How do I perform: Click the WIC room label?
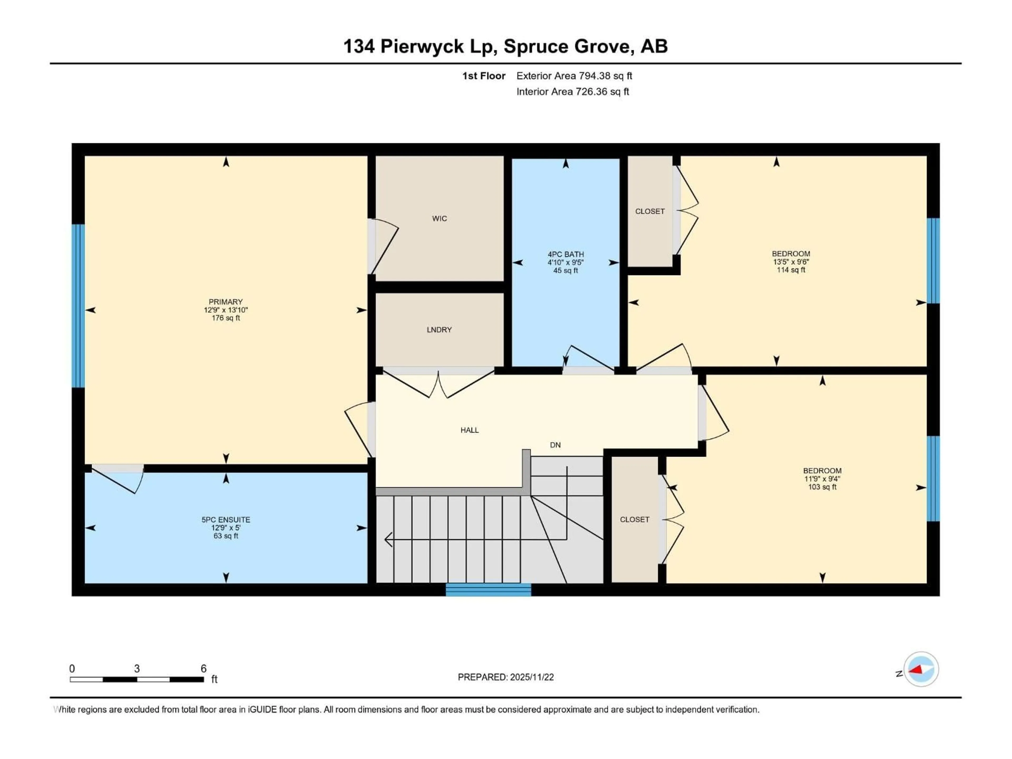pyautogui.click(x=439, y=219)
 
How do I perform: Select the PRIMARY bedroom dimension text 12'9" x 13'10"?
pyautogui.click(x=226, y=310)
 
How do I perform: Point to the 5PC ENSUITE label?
pyautogui.click(x=226, y=520)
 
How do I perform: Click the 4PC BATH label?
pyautogui.click(x=566, y=254)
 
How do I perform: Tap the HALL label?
pyautogui.click(x=469, y=430)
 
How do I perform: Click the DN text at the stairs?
pyautogui.click(x=555, y=445)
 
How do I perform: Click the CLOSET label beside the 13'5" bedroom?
pyautogui.click(x=650, y=211)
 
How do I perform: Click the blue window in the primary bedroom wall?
pyautogui.click(x=78, y=306)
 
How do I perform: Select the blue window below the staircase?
pyautogui.click(x=488, y=590)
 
